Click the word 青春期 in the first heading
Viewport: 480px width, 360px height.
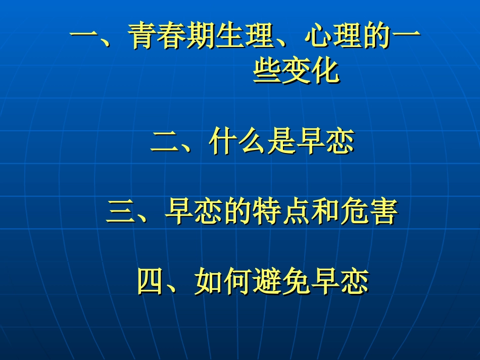coord(172,37)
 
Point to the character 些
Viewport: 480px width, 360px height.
coord(267,71)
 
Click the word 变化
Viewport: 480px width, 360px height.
coord(311,71)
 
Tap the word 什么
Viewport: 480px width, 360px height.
coord(237,142)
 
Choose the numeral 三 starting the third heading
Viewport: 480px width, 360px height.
coord(120,213)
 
